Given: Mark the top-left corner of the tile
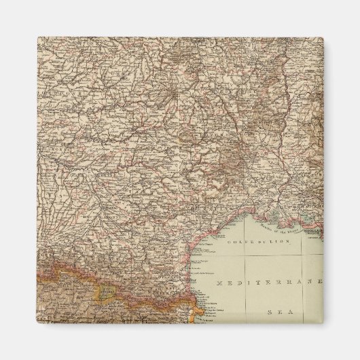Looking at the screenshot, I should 38,38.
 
